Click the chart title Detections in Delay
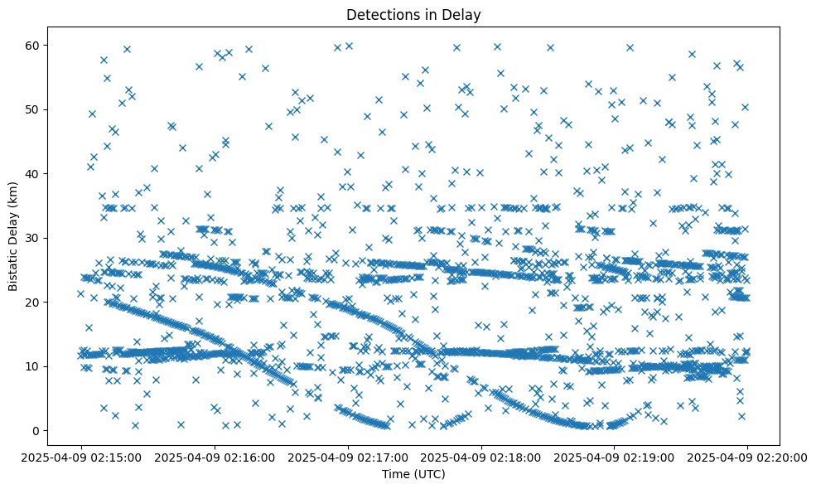413,14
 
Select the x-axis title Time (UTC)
413,474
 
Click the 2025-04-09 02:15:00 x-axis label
80,457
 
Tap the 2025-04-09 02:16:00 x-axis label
214,457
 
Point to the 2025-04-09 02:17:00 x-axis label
347,457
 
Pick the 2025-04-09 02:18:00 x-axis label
480,457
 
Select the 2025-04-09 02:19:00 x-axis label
614,457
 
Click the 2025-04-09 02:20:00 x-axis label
747,457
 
